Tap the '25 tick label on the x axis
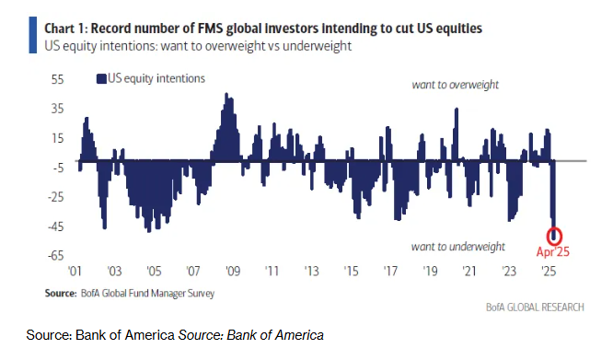[x=549, y=272]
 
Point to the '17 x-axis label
[x=391, y=272]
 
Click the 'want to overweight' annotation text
[x=455, y=85]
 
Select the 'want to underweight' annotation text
[x=457, y=246]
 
